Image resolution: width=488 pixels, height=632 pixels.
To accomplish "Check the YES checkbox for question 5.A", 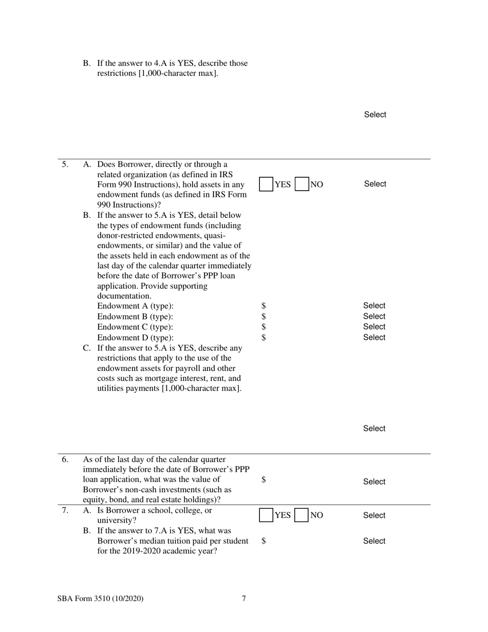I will coord(266,184).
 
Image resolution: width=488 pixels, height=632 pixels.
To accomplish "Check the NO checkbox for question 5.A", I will coord(302,184).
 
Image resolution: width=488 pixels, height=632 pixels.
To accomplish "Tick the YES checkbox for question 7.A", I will coord(266,515).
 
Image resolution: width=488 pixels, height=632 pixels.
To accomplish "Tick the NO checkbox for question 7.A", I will coord(302,515).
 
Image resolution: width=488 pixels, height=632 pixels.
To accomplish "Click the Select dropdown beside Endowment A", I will coord(374,306).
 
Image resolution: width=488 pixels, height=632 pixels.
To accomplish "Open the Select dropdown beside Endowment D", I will coord(374,338).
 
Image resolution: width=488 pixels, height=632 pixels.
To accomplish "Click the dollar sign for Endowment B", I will coord(264,317).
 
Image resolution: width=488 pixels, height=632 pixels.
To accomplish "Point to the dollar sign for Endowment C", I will coord(264,327).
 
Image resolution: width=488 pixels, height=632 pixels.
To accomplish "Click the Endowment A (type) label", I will coord(135,306).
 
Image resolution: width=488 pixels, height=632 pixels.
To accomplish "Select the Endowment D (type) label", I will coord(135,338).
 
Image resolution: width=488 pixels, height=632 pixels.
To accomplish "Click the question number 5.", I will coord(65,164).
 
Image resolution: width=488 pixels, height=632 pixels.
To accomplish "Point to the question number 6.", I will coord(65,459).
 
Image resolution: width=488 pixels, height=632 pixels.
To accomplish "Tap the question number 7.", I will coord(65,511).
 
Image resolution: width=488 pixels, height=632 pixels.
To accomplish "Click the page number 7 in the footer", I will coord(244,598).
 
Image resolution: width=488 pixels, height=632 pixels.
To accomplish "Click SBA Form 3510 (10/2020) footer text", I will coord(100,598).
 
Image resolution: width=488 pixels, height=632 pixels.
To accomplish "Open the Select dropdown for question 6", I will coord(374,481).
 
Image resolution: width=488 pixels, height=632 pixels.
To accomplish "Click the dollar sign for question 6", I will coord(264,479).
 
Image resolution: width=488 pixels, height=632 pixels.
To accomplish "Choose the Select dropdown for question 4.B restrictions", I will coord(375,115).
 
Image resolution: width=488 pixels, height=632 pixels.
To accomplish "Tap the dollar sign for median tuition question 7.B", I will coord(264,541).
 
